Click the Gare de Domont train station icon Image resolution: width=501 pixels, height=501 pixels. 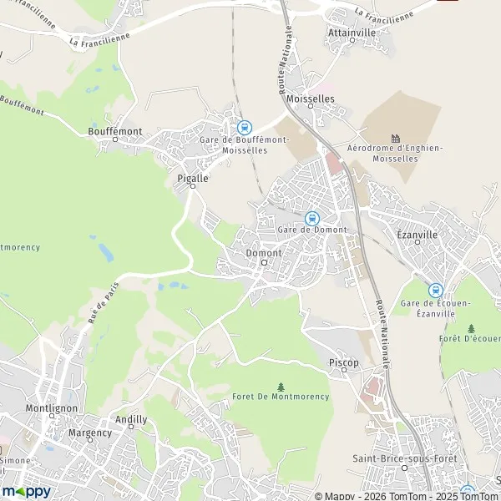(312, 218)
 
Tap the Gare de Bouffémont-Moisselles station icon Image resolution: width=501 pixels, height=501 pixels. (244, 128)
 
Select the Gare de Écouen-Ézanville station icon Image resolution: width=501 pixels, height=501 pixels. (435, 290)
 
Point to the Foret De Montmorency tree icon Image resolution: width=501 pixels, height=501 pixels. (281, 387)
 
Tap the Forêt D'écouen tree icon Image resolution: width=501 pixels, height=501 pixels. (472, 328)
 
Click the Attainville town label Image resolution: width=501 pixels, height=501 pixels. (352, 32)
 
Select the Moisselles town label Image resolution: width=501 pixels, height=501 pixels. (310, 99)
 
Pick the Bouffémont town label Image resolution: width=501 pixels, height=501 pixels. (115, 131)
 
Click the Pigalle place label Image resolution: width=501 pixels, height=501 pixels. (193, 178)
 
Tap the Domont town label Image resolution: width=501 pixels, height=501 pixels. (264, 252)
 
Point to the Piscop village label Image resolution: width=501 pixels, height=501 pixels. (344, 363)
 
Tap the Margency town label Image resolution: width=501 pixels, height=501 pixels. (90, 433)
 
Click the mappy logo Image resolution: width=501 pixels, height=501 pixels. (26, 491)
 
